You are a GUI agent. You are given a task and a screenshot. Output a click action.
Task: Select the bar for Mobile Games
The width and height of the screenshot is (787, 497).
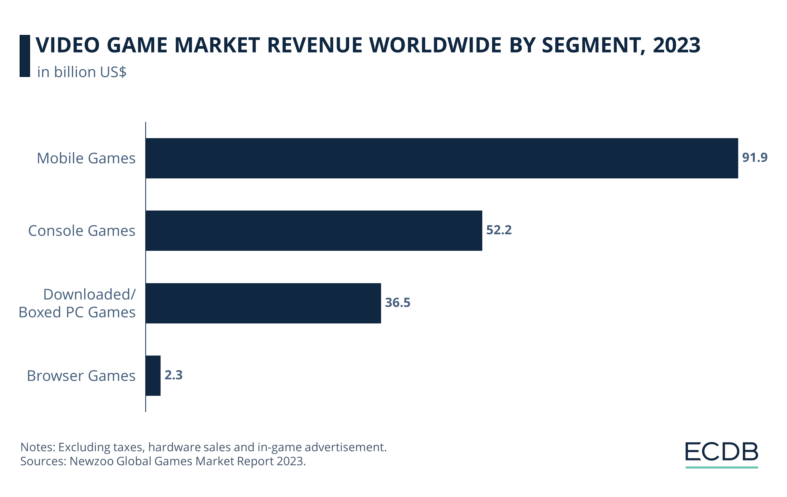441,158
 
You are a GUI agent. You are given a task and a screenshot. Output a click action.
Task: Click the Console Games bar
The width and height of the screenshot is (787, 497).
314,231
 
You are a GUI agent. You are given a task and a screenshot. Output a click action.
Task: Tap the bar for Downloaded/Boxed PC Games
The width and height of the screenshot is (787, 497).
263,303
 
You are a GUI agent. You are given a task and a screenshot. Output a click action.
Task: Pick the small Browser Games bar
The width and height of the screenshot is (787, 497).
153,376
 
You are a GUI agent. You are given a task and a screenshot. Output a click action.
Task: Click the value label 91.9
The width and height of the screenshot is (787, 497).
754,158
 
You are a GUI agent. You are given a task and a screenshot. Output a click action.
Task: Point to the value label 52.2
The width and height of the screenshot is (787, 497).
499,230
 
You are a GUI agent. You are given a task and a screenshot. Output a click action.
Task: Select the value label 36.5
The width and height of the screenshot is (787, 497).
397,303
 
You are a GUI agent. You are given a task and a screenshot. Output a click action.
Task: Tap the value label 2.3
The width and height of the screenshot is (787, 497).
174,375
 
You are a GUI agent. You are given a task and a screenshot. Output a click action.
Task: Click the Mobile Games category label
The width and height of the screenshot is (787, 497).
86,159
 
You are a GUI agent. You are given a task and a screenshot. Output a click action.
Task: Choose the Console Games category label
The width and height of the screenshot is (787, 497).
82,231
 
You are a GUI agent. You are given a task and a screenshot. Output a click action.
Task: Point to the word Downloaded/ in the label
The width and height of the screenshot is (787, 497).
89,294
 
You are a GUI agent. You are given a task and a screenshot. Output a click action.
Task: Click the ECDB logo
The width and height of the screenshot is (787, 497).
721,454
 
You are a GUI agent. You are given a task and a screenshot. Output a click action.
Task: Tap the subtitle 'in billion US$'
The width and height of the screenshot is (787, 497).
82,72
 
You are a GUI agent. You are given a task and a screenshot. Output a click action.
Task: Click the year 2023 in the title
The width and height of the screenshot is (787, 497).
677,45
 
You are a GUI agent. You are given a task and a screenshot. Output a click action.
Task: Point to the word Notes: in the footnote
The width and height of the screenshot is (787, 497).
38,447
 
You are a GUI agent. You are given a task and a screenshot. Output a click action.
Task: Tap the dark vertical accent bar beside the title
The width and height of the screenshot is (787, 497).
25,56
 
